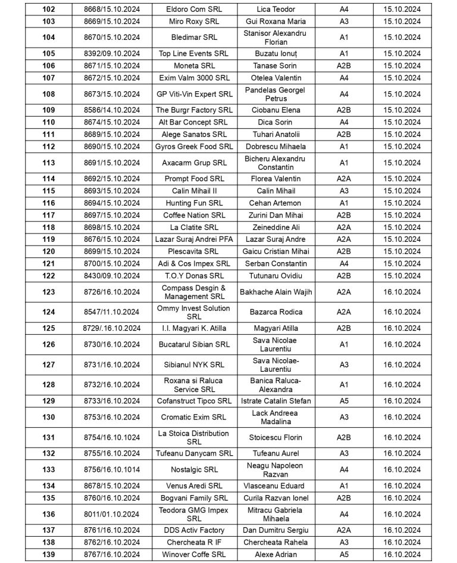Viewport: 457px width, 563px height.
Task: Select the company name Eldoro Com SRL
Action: pyautogui.click(x=194, y=10)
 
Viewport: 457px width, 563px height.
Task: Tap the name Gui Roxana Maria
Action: pyautogui.click(x=275, y=21)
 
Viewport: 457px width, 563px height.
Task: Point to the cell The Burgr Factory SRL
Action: pyautogui.click(x=194, y=110)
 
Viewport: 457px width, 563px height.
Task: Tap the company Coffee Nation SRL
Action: pyautogui.click(x=194, y=215)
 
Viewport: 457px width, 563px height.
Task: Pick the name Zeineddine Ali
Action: pyautogui.click(x=275, y=227)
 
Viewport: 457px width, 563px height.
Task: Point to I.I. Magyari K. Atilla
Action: pyautogui.click(x=194, y=328)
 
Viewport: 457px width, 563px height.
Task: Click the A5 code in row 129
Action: pyautogui.click(x=344, y=401)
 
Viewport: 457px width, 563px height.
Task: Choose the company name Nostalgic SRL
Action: pyautogui.click(x=194, y=469)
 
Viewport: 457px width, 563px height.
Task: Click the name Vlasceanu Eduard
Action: pyautogui.click(x=275, y=486)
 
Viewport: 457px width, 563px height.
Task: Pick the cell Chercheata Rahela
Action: pyautogui.click(x=275, y=543)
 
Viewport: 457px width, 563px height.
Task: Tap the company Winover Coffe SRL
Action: pyautogui.click(x=194, y=555)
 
